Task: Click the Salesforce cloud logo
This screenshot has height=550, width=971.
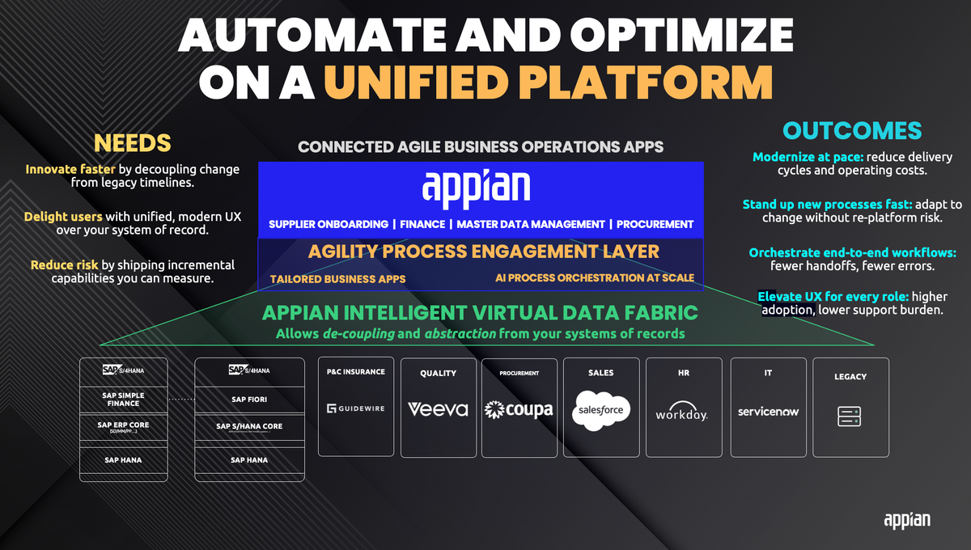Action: click(601, 408)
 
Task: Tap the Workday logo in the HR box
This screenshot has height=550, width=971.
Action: click(681, 412)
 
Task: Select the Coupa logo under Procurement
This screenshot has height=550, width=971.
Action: click(519, 409)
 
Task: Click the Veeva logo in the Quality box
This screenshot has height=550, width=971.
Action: click(438, 409)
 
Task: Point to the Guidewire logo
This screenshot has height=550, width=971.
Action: click(355, 408)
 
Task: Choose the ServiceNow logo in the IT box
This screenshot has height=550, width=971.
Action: click(768, 411)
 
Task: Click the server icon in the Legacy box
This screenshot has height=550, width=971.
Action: click(850, 417)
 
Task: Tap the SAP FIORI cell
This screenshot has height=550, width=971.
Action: click(249, 400)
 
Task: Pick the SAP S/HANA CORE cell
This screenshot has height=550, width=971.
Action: click(249, 427)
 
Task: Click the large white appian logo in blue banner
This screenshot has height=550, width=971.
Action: click(476, 188)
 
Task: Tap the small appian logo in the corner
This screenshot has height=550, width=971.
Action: click(906, 519)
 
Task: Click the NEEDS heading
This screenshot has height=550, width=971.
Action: click(133, 143)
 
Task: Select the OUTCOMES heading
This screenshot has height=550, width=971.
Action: click(852, 130)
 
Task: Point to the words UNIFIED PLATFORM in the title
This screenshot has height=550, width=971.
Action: click(547, 82)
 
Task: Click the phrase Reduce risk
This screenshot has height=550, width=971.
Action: click(64, 265)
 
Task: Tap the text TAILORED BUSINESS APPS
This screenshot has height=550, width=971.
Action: click(338, 278)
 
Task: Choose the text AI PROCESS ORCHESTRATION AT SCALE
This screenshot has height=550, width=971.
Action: click(595, 278)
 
